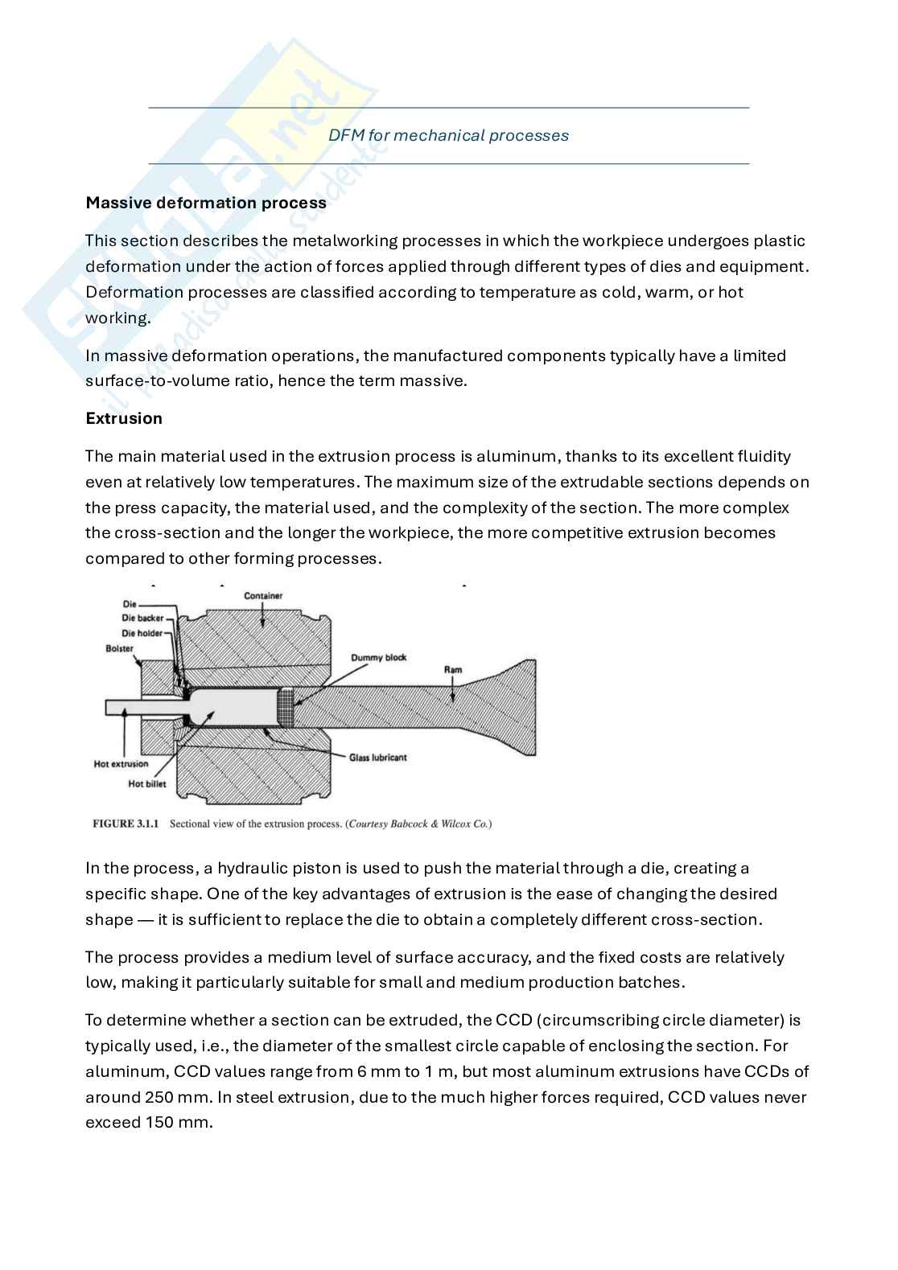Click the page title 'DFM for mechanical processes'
point(448,135)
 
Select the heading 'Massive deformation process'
point(206,203)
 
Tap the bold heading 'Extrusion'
point(124,418)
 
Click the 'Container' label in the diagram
point(263,596)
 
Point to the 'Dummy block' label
point(378,657)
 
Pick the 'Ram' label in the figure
point(453,669)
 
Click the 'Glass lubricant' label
point(377,758)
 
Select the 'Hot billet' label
point(147,783)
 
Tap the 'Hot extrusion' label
point(121,764)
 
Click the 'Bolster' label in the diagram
point(119,648)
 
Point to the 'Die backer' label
point(142,618)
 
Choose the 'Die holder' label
point(142,633)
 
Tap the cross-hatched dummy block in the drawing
point(285,708)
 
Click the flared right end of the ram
point(515,708)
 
